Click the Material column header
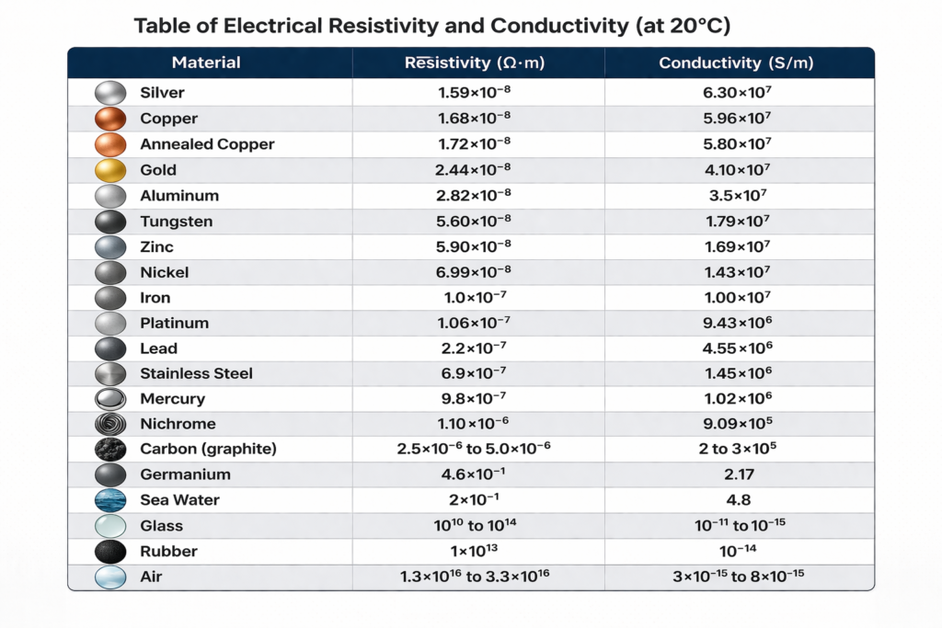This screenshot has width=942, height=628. [x=206, y=63]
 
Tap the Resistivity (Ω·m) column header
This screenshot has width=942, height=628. [x=477, y=63]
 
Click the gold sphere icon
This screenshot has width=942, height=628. [x=110, y=170]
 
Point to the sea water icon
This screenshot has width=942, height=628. [x=110, y=500]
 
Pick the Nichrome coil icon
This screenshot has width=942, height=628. [x=110, y=424]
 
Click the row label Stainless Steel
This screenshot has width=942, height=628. [x=196, y=373]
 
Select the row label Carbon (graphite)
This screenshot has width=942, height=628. [x=208, y=450]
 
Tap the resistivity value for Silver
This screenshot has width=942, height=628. [x=477, y=92]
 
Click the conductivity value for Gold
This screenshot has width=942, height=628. [x=736, y=169]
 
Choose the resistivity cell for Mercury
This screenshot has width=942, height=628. [x=477, y=398]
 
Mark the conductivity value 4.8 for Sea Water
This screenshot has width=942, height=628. [x=736, y=500]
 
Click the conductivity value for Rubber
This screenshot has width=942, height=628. [x=736, y=551]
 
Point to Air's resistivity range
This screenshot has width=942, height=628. [x=477, y=577]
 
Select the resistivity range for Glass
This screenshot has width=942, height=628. [x=477, y=525]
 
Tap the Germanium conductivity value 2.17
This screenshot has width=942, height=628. [x=736, y=474]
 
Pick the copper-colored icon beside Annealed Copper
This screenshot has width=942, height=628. [x=110, y=144]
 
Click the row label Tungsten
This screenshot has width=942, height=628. [x=177, y=222]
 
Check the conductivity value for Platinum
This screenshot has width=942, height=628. [x=736, y=323]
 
